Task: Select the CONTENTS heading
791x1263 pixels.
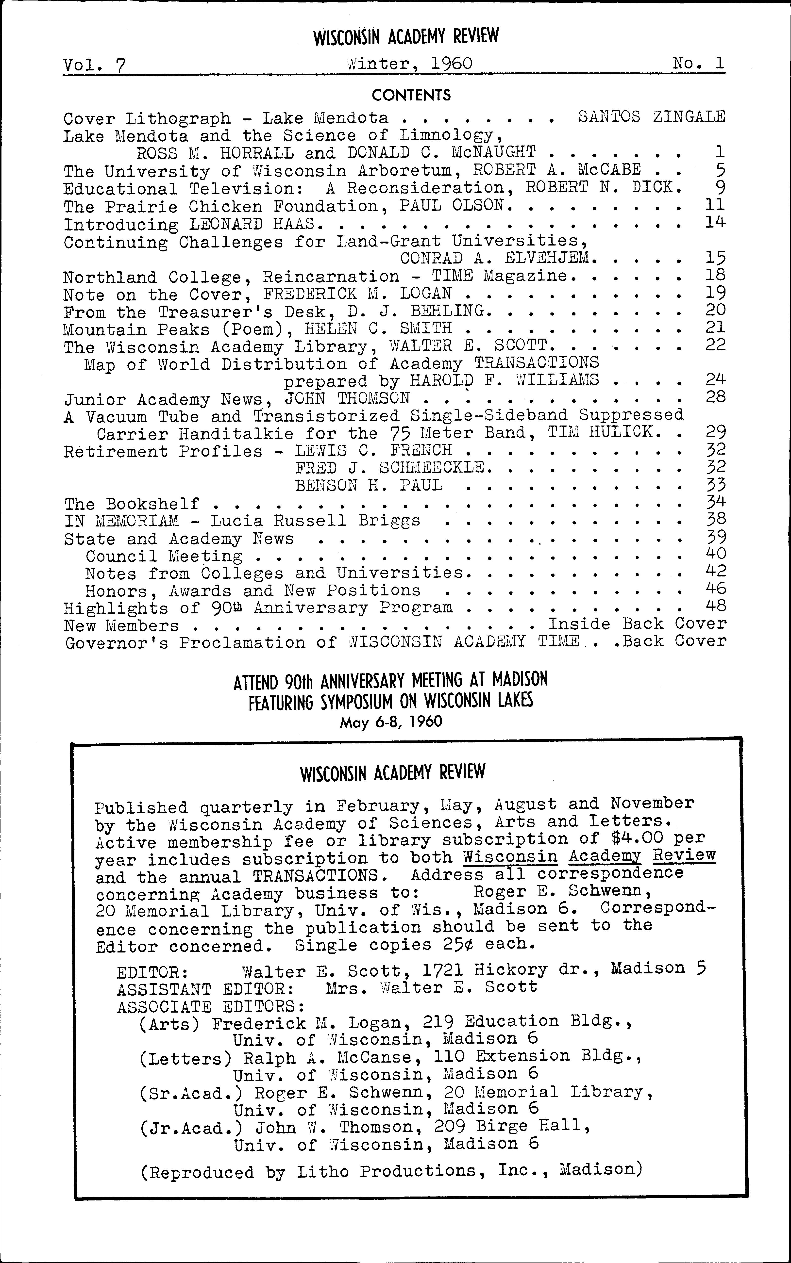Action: pos(411,95)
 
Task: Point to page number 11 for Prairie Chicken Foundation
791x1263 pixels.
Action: pos(715,204)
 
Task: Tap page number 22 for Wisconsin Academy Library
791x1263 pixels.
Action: pos(715,345)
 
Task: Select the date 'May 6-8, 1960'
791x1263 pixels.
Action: pos(391,722)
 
